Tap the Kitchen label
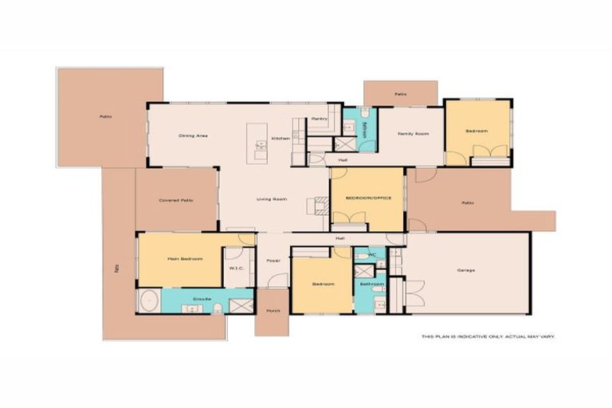pos(280,139)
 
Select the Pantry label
pos(320,119)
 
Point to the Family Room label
pos(413,134)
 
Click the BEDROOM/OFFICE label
pos(367,198)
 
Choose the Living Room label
pos(271,199)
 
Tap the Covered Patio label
pos(176,200)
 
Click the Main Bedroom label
pos(184,259)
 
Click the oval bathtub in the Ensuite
pos(149,301)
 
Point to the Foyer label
pos(273,260)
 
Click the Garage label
pos(466,270)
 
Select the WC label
pos(371,256)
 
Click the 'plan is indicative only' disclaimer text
pos(488,336)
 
